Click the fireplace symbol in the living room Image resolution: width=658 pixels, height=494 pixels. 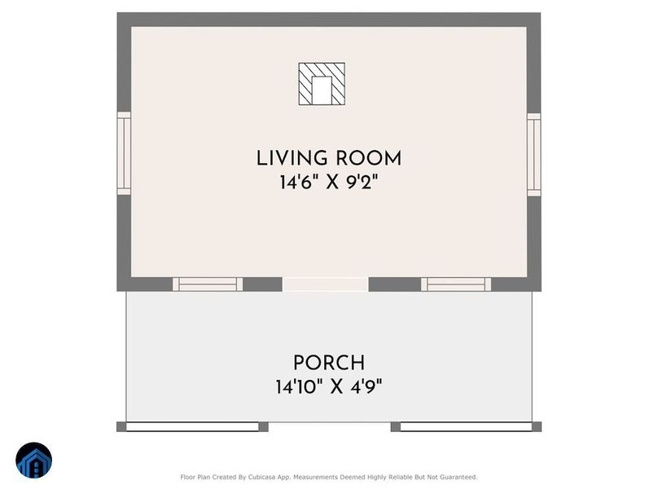pos(322,84)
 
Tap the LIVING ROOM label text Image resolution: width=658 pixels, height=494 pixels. pos(329,158)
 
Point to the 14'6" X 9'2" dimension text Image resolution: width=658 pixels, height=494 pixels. pos(329,183)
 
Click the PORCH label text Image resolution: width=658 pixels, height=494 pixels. pos(329,363)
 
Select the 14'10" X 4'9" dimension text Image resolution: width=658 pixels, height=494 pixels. pos(329,386)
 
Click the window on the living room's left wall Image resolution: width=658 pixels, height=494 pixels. pos(124,153)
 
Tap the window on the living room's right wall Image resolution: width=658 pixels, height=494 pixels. pos(533,155)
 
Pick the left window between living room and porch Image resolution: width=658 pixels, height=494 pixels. pos(208,284)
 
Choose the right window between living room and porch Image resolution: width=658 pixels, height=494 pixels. pos(456,284)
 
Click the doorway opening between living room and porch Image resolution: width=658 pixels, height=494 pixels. pos(325,284)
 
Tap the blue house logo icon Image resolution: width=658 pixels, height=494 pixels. pos(34,461)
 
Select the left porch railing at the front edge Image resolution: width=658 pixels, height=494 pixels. pos(192,427)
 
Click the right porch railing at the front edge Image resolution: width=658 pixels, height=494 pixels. pos(467,427)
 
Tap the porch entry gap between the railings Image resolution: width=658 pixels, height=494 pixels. pos(330,427)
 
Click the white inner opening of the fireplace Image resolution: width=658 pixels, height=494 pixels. pos(322,90)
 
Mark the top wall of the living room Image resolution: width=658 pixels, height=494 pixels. pos(329,20)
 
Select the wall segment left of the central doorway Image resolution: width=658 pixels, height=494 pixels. pos(262,284)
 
